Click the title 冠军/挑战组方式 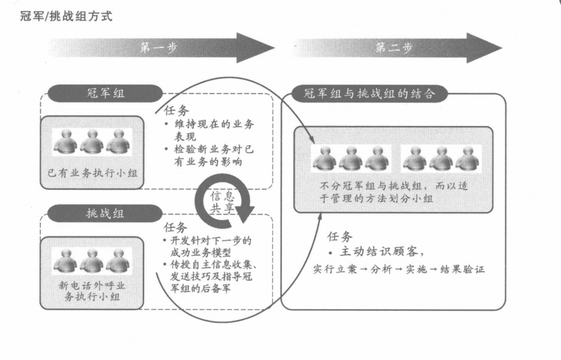coord(66,16)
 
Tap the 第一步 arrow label coord(158,48)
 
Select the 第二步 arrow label coord(394,47)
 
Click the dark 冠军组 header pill coord(105,94)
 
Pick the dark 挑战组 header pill coord(105,214)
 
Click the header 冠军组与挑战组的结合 coord(370,94)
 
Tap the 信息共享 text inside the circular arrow coord(222,202)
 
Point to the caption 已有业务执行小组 coord(92,173)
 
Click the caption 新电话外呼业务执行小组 coord(92,291)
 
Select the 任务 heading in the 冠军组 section coord(176,111)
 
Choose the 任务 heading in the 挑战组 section coord(175,228)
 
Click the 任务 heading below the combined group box coord(339,237)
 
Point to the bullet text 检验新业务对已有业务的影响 coord(209,155)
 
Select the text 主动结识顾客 coord(379,251)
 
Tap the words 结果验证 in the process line coord(462,269)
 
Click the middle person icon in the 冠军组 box coord(92,142)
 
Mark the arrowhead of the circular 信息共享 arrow coord(245,214)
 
